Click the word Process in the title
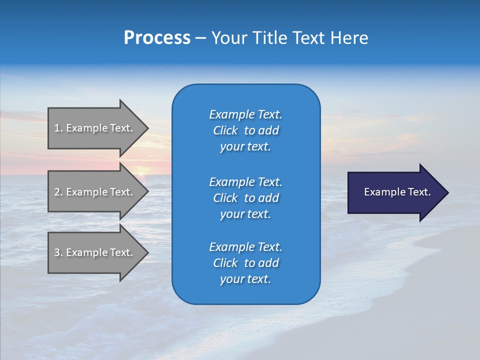tap(157, 38)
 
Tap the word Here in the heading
tap(348, 38)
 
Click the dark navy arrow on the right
tap(395, 192)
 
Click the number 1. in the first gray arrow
tap(58, 128)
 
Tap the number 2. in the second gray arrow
tap(58, 192)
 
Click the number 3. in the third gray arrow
tap(58, 252)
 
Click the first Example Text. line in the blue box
tap(245, 114)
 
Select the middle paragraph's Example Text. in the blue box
tap(245, 181)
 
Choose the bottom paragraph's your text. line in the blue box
tap(245, 279)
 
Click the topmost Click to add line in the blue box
tap(245, 130)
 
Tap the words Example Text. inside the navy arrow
tap(397, 192)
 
